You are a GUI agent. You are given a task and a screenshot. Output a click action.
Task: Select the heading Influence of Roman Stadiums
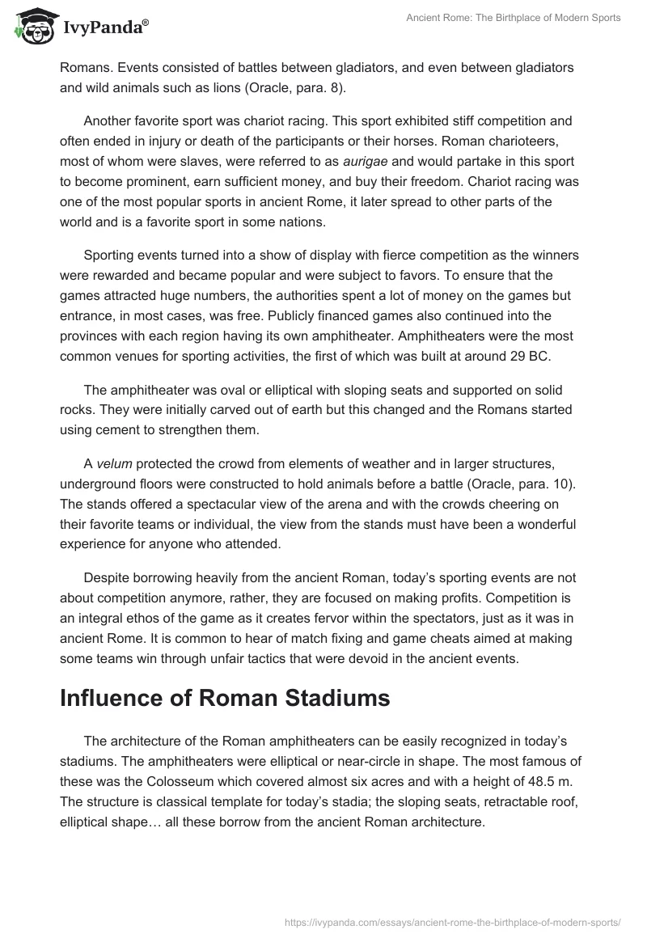pyautogui.click(x=225, y=698)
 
